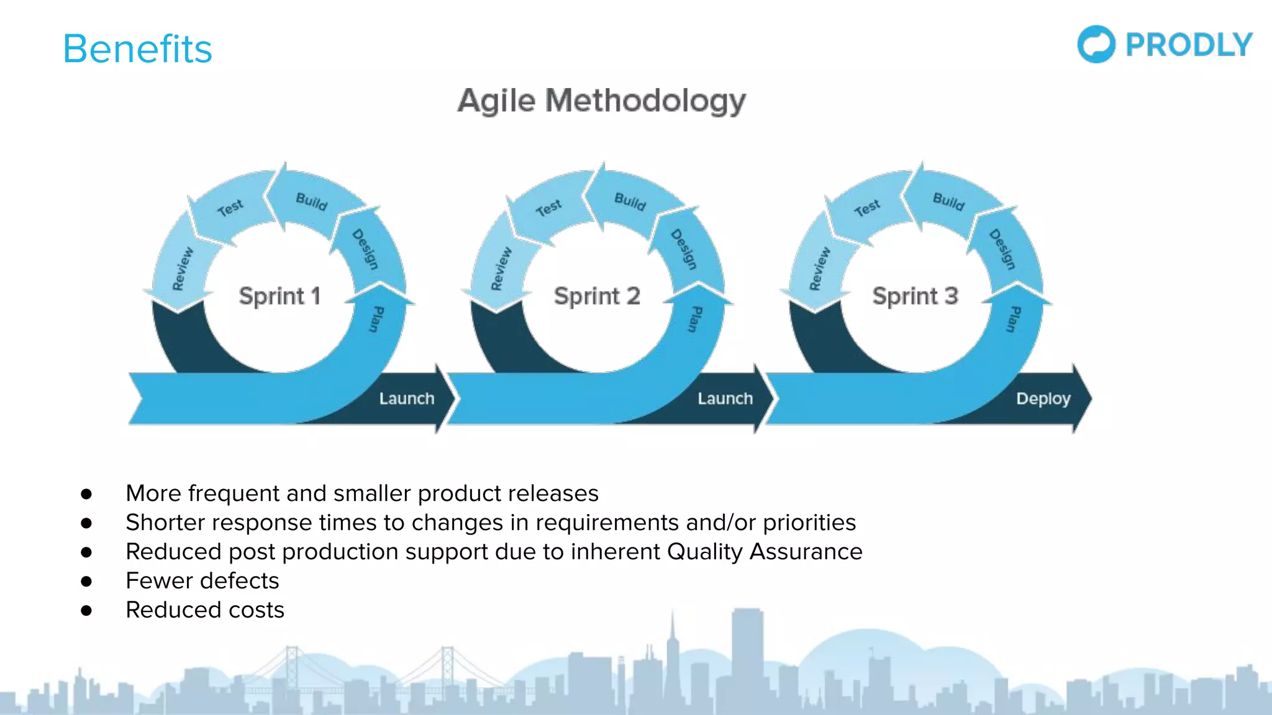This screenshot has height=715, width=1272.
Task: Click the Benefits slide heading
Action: click(x=137, y=49)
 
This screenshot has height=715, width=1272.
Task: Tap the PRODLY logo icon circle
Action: click(x=1096, y=44)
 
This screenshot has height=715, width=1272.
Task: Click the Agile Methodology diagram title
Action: click(x=601, y=101)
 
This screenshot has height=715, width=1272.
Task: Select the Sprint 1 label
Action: click(x=279, y=296)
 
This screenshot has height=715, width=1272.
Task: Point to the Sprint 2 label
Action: click(x=597, y=296)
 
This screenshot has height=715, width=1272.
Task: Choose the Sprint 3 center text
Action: click(x=915, y=296)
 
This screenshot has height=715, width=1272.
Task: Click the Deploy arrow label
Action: click(x=1043, y=398)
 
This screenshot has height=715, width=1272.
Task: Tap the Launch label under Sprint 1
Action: click(x=407, y=398)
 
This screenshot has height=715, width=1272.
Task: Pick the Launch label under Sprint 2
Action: click(x=725, y=398)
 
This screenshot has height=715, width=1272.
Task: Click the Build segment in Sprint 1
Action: click(x=311, y=201)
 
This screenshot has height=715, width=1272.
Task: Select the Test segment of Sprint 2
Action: click(x=548, y=208)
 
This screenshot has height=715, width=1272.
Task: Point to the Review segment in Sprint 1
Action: click(x=183, y=269)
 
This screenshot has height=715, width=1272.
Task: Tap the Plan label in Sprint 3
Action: click(x=1014, y=319)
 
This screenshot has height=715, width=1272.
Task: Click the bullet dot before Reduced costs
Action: click(x=86, y=611)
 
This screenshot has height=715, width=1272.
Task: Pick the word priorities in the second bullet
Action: click(x=809, y=523)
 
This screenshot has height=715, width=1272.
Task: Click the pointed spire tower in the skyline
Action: click(x=672, y=645)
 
